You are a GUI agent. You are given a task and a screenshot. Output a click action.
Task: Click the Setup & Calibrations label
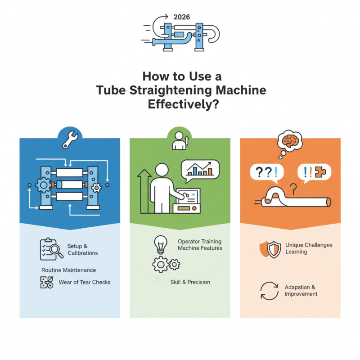point(82,250)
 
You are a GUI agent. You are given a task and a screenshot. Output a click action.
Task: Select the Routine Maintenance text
point(68,270)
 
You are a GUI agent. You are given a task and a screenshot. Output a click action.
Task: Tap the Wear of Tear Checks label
point(84,283)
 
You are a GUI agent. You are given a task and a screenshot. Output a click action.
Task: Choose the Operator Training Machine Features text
point(200,245)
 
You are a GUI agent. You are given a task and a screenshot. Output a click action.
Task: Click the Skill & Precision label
point(190,282)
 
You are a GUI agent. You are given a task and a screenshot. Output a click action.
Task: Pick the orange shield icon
point(268,249)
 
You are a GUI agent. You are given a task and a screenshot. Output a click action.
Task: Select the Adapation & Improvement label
point(301,291)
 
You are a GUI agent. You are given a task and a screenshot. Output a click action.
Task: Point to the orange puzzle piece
point(323,172)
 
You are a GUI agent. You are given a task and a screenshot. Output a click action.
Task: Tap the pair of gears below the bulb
point(166,265)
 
